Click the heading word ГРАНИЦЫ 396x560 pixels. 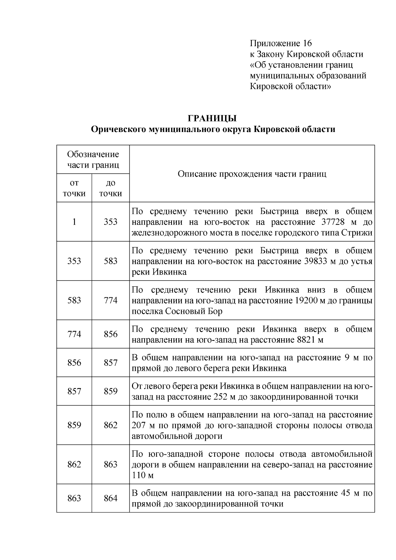point(213,118)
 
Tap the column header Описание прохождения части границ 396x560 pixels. point(252,174)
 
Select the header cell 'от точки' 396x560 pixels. point(74,188)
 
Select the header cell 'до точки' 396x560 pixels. point(111,188)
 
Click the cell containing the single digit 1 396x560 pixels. point(74,222)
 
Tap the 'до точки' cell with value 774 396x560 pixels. point(111,300)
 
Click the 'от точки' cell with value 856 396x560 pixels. point(74,363)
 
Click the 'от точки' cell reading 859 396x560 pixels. point(74,425)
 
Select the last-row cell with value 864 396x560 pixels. point(111,498)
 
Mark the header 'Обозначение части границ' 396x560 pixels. point(93,159)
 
